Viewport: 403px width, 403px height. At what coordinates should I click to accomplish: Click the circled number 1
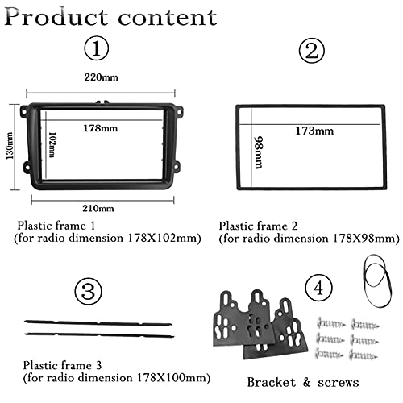pyautogui.click(x=97, y=49)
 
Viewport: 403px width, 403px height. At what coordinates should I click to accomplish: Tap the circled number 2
pyautogui.click(x=312, y=51)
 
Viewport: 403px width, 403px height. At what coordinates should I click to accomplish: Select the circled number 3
pyautogui.click(x=89, y=292)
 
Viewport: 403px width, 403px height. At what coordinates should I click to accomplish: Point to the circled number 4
pyautogui.click(x=318, y=289)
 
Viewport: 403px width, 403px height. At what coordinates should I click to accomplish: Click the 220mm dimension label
pyautogui.click(x=101, y=77)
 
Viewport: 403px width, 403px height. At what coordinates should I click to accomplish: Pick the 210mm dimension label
pyautogui.click(x=98, y=209)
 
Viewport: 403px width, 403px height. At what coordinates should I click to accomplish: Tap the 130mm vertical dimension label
pyautogui.click(x=10, y=145)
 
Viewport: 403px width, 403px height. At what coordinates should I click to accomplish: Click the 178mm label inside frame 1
pyautogui.click(x=100, y=128)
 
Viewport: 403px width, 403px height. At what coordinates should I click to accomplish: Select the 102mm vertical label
pyautogui.click(x=52, y=144)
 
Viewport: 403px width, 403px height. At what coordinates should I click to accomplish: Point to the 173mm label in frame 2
pyautogui.click(x=314, y=131)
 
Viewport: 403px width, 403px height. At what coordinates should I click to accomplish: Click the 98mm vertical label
pyautogui.click(x=259, y=152)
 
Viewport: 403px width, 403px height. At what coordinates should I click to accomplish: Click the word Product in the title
pyautogui.click(x=56, y=18)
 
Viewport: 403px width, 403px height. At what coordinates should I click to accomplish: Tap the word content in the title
pyautogui.click(x=168, y=18)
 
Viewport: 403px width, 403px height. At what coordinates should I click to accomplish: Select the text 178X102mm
pyautogui.click(x=162, y=238)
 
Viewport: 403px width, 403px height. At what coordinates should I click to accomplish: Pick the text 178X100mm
pyautogui.click(x=172, y=378)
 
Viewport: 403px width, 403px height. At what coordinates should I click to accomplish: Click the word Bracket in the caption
pyautogui.click(x=271, y=382)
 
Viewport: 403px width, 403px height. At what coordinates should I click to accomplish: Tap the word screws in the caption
pyautogui.click(x=339, y=384)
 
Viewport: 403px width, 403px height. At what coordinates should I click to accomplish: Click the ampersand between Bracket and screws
pyautogui.click(x=306, y=382)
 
